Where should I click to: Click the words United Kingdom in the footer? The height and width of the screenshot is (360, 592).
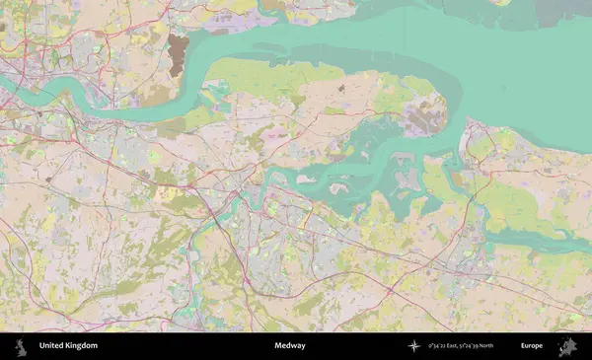[68, 346]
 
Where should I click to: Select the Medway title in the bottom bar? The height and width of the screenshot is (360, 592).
[290, 346]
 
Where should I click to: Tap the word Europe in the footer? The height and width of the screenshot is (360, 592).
[532, 346]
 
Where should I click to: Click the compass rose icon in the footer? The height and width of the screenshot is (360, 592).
[413, 346]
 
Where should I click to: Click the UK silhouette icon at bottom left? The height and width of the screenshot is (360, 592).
[19, 346]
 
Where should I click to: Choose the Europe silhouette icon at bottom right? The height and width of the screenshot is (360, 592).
[566, 346]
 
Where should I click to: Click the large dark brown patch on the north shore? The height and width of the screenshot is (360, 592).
[178, 53]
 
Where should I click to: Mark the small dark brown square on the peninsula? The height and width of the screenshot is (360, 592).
[342, 89]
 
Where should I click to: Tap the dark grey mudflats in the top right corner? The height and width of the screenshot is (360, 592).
[533, 12]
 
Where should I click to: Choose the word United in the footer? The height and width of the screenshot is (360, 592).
[51, 346]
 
